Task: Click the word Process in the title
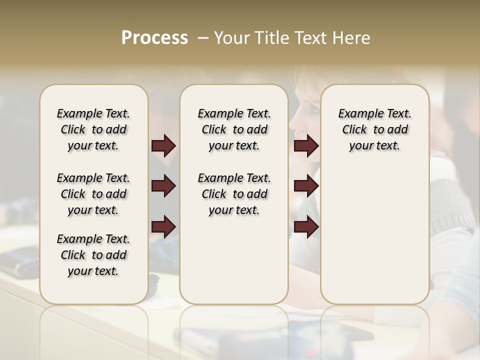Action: (154, 38)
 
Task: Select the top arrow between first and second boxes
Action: (163, 146)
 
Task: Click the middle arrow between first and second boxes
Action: (163, 186)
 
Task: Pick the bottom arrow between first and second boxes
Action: (163, 227)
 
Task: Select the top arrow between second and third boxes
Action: (306, 146)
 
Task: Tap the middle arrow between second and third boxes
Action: (306, 186)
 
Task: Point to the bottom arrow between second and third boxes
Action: (306, 227)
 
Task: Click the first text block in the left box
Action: (93, 129)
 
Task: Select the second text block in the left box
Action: (93, 194)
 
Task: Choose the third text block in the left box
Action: (93, 255)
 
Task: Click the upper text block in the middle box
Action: (234, 129)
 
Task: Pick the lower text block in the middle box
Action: (234, 194)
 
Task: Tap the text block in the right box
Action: (374, 129)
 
